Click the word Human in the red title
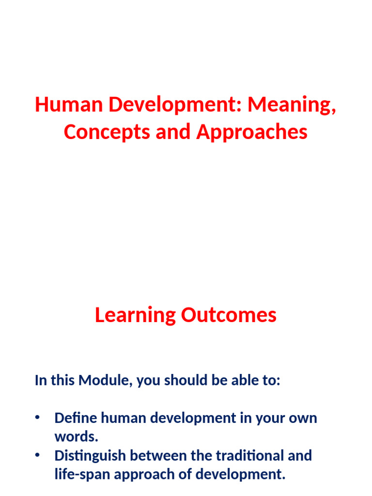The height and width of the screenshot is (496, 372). tap(69, 105)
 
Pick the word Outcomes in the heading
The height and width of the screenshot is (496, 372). tap(229, 315)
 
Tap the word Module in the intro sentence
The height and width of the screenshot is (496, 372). tap(106, 381)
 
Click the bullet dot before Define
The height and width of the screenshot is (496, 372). tap(37, 417)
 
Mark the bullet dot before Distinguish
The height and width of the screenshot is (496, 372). tap(37, 455)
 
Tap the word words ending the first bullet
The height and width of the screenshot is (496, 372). tap(76, 437)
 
